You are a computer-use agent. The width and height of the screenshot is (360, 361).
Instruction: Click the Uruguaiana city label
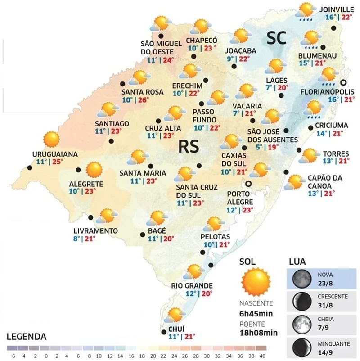(55, 154)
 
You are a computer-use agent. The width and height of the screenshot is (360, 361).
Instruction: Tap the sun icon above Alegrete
(94, 170)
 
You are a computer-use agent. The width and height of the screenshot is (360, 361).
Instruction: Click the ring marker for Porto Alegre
(247, 184)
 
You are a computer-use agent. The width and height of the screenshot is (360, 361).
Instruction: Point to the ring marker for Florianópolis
(344, 82)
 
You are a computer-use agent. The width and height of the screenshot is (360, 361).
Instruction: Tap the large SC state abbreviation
(276, 38)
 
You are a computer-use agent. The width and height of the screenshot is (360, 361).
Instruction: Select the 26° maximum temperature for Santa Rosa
(143, 100)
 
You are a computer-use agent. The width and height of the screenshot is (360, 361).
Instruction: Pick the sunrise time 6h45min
(257, 314)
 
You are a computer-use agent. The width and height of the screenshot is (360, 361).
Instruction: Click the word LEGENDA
(27, 336)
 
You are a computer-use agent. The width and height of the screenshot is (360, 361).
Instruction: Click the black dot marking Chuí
(163, 333)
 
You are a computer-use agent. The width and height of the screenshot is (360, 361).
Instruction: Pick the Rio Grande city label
(192, 285)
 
